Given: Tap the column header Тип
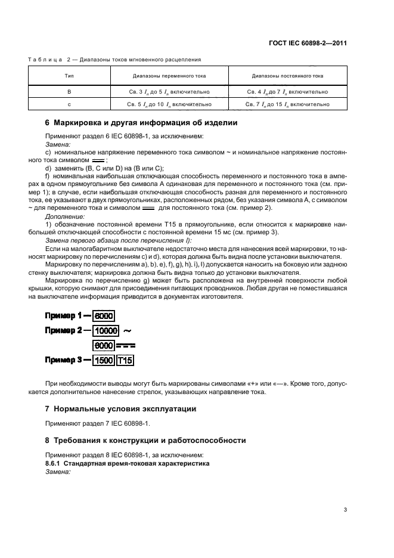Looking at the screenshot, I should (69, 76).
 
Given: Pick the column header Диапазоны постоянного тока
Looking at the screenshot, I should (287, 76).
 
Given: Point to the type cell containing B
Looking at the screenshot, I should (69, 92).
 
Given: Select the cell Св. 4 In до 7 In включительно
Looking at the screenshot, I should (287, 92).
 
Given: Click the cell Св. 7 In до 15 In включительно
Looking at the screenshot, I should (287, 104).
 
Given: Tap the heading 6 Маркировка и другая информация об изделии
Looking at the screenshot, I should (141, 123).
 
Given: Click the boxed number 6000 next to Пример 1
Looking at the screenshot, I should (104, 317).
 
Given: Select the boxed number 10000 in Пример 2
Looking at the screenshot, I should (107, 330).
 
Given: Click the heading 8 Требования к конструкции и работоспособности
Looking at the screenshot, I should (145, 441).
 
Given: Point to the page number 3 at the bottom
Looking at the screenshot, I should (345, 509).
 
